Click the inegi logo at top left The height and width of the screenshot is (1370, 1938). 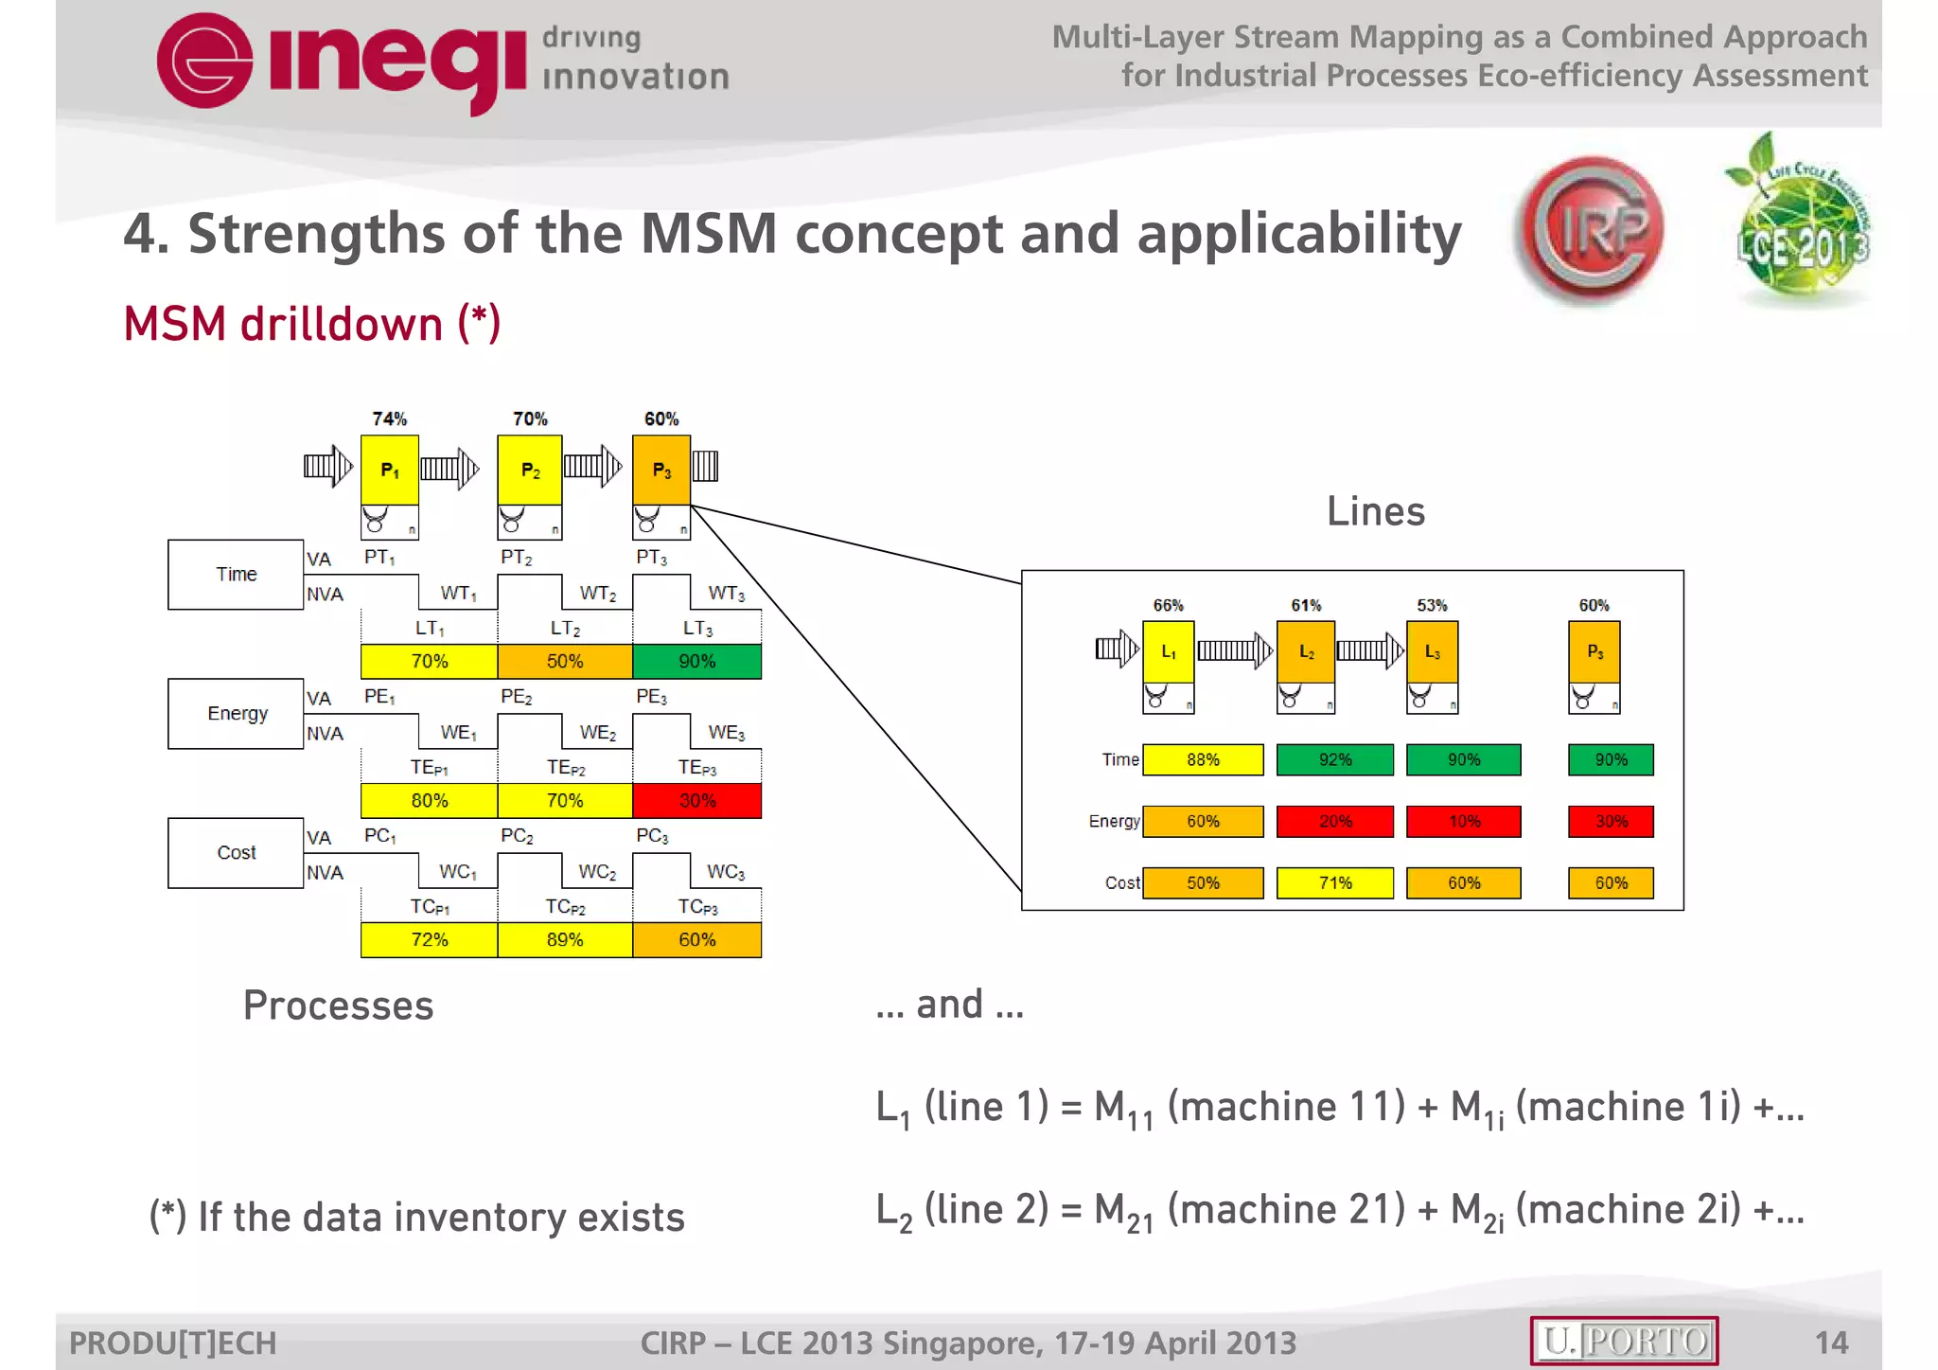click(341, 62)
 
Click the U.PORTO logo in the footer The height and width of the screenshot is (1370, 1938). click(1624, 1341)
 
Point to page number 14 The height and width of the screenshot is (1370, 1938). click(1831, 1343)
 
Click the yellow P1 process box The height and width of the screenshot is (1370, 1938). click(389, 470)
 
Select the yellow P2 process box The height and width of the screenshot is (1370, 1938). click(530, 470)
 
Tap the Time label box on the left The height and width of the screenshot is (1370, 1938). click(236, 575)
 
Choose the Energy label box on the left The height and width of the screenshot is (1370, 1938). click(236, 714)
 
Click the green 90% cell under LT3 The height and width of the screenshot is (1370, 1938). click(697, 662)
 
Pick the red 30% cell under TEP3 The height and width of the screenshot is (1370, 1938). click(697, 801)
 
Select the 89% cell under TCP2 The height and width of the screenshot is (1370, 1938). click(565, 940)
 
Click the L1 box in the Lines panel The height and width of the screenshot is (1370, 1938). click(1169, 651)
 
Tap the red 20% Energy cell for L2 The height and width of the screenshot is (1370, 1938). click(1335, 822)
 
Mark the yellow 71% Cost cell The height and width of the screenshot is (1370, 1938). click(1335, 883)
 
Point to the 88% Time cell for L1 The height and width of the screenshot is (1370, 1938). click(1203, 760)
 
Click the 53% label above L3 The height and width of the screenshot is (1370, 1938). click(1432, 605)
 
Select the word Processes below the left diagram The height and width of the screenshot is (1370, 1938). click(338, 1005)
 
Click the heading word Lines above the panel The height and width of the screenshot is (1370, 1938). click(1375, 512)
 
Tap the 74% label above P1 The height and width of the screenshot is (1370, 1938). click(389, 418)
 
